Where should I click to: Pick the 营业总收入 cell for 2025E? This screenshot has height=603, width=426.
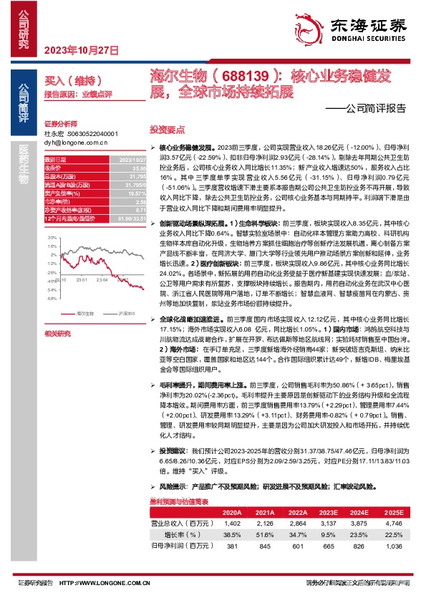393,524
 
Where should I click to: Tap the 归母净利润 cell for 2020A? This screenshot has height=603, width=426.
232,546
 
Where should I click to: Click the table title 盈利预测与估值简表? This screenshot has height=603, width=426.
178,503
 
